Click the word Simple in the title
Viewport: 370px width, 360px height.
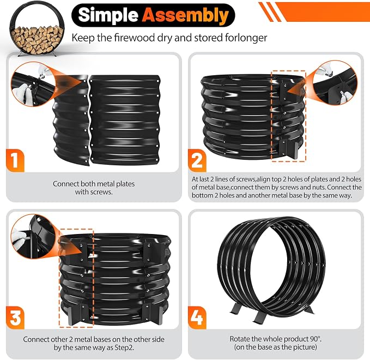(108, 15)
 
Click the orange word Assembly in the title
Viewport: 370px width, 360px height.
(185, 15)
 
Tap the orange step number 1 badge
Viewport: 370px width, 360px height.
(15, 160)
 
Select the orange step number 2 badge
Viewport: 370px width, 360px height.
(197, 160)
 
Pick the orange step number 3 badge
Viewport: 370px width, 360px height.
(15, 317)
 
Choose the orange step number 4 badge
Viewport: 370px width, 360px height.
(197, 317)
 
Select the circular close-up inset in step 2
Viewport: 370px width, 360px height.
(335, 83)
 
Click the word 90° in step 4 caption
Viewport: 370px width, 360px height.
(316, 339)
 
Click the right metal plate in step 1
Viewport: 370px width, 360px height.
(125, 120)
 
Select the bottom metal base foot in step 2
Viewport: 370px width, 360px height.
(289, 149)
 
